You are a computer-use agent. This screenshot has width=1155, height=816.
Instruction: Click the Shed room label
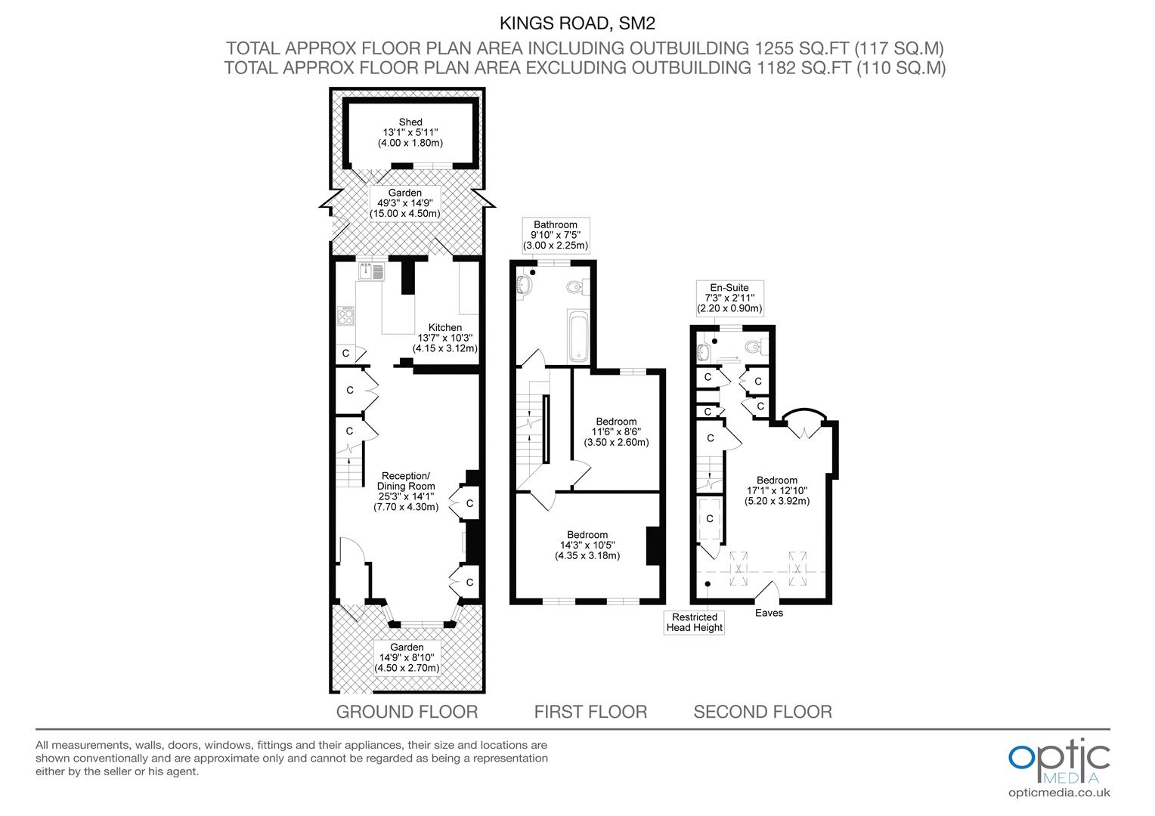click(410, 132)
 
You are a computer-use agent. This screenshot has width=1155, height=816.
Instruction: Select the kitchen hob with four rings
click(345, 316)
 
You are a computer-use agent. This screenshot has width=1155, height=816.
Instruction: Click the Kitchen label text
click(445, 338)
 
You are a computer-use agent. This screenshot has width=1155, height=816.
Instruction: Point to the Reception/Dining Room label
click(406, 491)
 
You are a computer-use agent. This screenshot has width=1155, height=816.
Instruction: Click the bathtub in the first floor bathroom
click(578, 335)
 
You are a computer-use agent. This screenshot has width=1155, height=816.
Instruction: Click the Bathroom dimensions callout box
click(556, 235)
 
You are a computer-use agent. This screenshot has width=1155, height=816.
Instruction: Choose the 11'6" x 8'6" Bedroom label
click(616, 432)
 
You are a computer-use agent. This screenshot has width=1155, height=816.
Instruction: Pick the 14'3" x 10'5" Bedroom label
click(587, 546)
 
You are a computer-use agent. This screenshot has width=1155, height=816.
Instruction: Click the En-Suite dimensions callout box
click(729, 298)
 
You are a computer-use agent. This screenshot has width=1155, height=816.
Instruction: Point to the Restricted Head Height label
click(694, 622)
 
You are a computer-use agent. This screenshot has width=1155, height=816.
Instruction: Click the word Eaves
click(769, 613)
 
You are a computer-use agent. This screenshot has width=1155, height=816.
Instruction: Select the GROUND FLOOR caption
click(407, 712)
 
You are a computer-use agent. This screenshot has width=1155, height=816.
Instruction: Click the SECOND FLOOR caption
click(763, 712)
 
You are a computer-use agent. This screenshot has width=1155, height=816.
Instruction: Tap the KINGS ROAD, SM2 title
click(577, 23)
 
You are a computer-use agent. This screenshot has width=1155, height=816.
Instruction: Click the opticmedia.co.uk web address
click(1059, 793)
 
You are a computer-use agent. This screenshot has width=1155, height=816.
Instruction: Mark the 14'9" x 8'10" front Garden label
click(407, 658)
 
